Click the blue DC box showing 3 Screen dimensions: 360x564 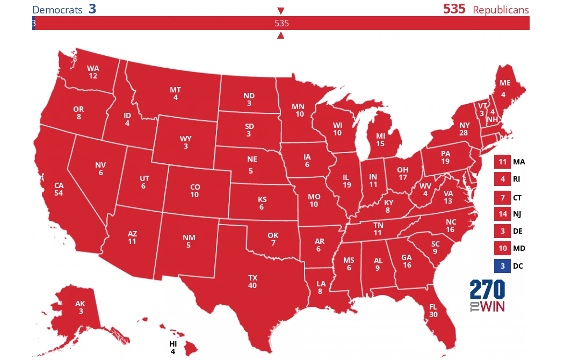(x=502, y=265)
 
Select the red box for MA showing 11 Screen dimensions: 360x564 (x=502, y=162)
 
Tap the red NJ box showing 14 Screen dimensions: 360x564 (x=502, y=214)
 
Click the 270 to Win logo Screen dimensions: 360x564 (x=487, y=296)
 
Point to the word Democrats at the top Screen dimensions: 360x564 (x=57, y=10)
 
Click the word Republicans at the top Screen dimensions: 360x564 (x=501, y=10)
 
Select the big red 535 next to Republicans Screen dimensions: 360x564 (x=454, y=9)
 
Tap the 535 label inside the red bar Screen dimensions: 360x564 (x=281, y=23)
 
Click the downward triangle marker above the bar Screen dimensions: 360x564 (x=280, y=11)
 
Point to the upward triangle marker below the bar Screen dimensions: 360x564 (x=280, y=35)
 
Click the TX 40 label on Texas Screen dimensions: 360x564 (x=252, y=281)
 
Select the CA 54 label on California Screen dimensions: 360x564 (x=59, y=189)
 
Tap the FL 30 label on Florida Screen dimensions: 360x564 (x=433, y=311)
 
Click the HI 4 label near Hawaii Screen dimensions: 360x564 (x=173, y=347)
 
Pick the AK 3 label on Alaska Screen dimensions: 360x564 (x=80, y=307)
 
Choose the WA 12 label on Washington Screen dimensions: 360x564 (x=93, y=72)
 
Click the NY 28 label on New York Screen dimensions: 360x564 (x=464, y=128)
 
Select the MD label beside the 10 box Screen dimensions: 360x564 (x=519, y=248)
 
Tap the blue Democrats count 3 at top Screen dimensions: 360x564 (x=92, y=9)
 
